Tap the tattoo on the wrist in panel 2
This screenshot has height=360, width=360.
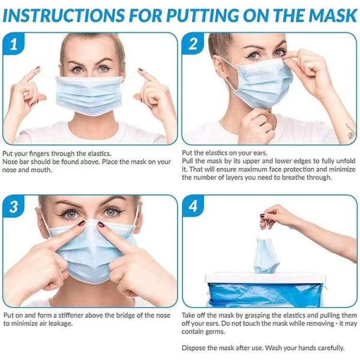tap(350, 131)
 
